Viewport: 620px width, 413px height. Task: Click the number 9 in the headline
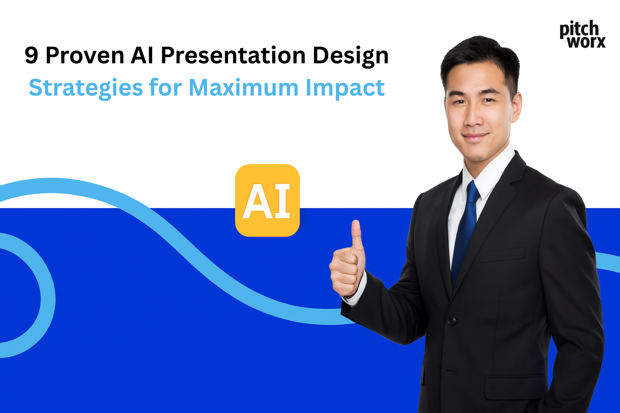(x=31, y=56)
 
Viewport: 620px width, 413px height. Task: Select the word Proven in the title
(x=85, y=56)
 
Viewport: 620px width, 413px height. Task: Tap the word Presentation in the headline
(x=234, y=56)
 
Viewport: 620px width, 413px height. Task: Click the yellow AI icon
(x=267, y=200)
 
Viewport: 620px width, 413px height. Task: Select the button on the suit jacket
(x=452, y=321)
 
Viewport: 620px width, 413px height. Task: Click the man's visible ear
(x=516, y=107)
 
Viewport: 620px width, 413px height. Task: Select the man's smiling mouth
(x=475, y=137)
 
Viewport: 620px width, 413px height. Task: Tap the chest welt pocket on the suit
(x=502, y=254)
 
